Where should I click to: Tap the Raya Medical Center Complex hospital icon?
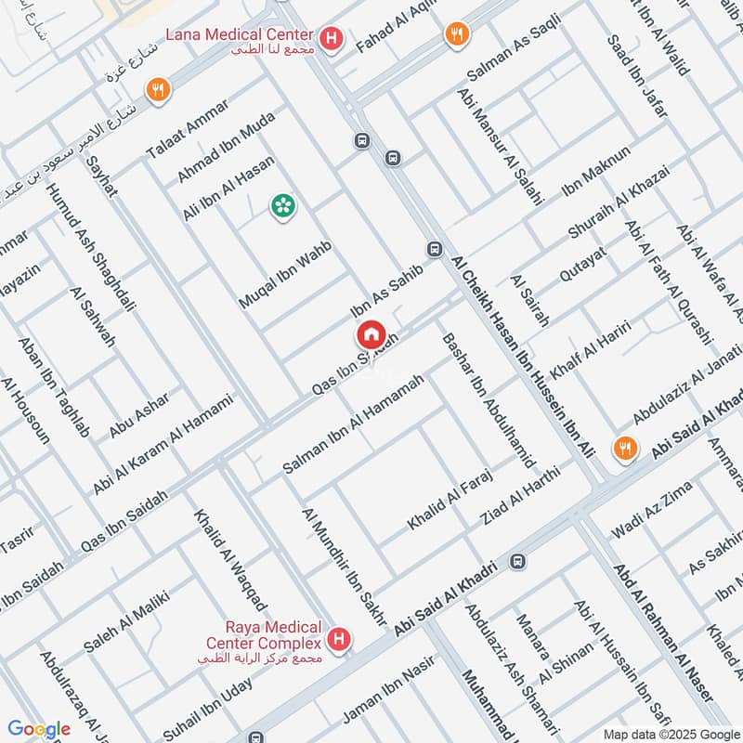[x=340, y=640]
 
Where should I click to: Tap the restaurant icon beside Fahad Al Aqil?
[x=456, y=35]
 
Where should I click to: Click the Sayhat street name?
[x=101, y=176]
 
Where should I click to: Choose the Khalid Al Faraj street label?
[x=449, y=500]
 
